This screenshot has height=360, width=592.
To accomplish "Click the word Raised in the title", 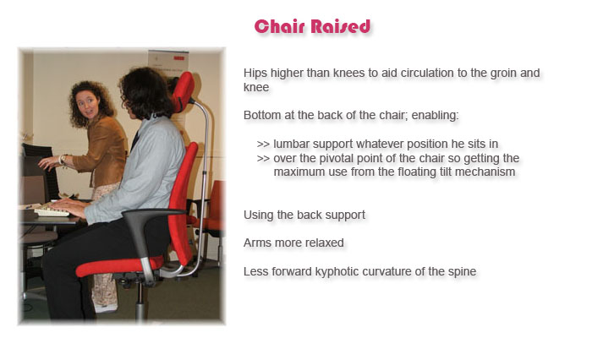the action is [341, 26].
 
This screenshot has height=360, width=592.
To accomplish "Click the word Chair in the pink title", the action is [279, 26].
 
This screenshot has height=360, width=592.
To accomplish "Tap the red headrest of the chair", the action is [184, 91].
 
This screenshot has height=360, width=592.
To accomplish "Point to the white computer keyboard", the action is [52, 211].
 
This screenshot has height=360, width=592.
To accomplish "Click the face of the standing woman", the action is [86, 105].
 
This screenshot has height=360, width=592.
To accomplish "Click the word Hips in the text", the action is [255, 73].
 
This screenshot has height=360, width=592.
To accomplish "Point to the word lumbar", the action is [292, 144].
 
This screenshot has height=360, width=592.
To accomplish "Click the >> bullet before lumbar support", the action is [264, 145].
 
